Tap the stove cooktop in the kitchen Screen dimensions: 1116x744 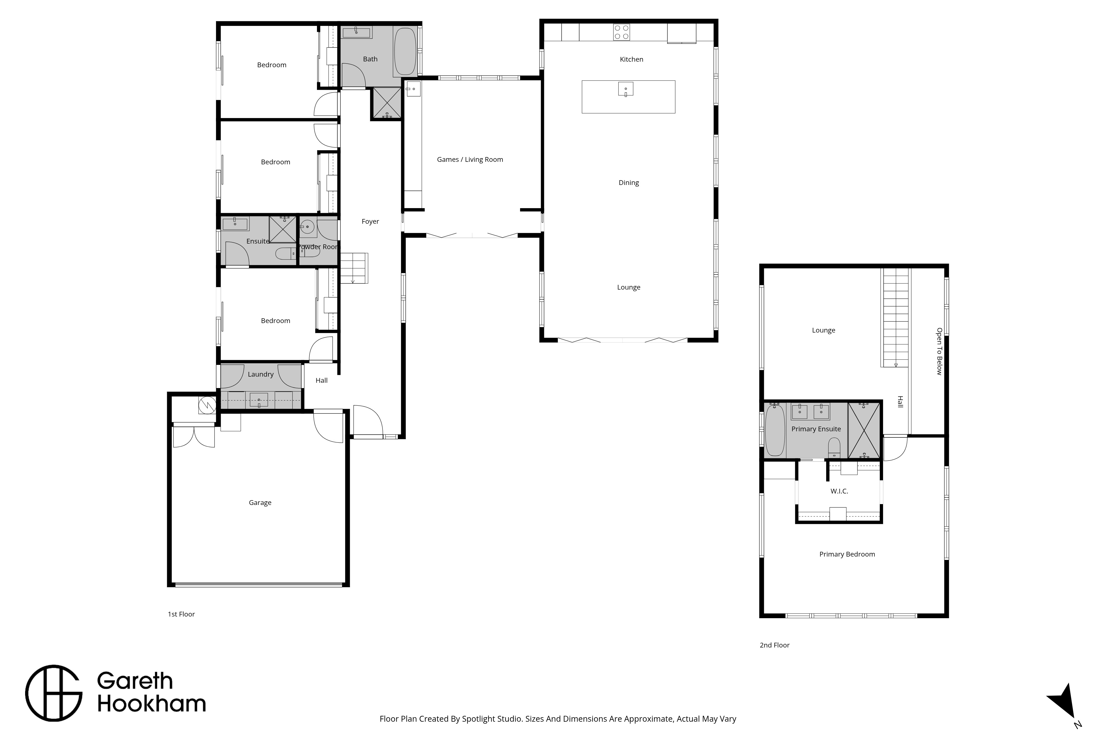click(622, 32)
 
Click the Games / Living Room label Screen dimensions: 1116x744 click(470, 160)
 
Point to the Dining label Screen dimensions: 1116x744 click(629, 183)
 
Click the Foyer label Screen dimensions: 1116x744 click(370, 221)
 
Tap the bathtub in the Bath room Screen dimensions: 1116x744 click(405, 51)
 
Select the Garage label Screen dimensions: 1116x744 click(260, 502)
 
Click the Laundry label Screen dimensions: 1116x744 click(261, 374)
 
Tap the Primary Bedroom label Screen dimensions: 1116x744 click(847, 554)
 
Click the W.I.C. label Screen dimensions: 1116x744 click(839, 491)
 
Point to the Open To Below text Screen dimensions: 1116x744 click(939, 351)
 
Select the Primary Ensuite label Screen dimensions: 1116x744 click(816, 429)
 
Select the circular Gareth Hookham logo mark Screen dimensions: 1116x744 click(54, 693)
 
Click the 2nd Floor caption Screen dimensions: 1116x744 click(775, 645)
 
